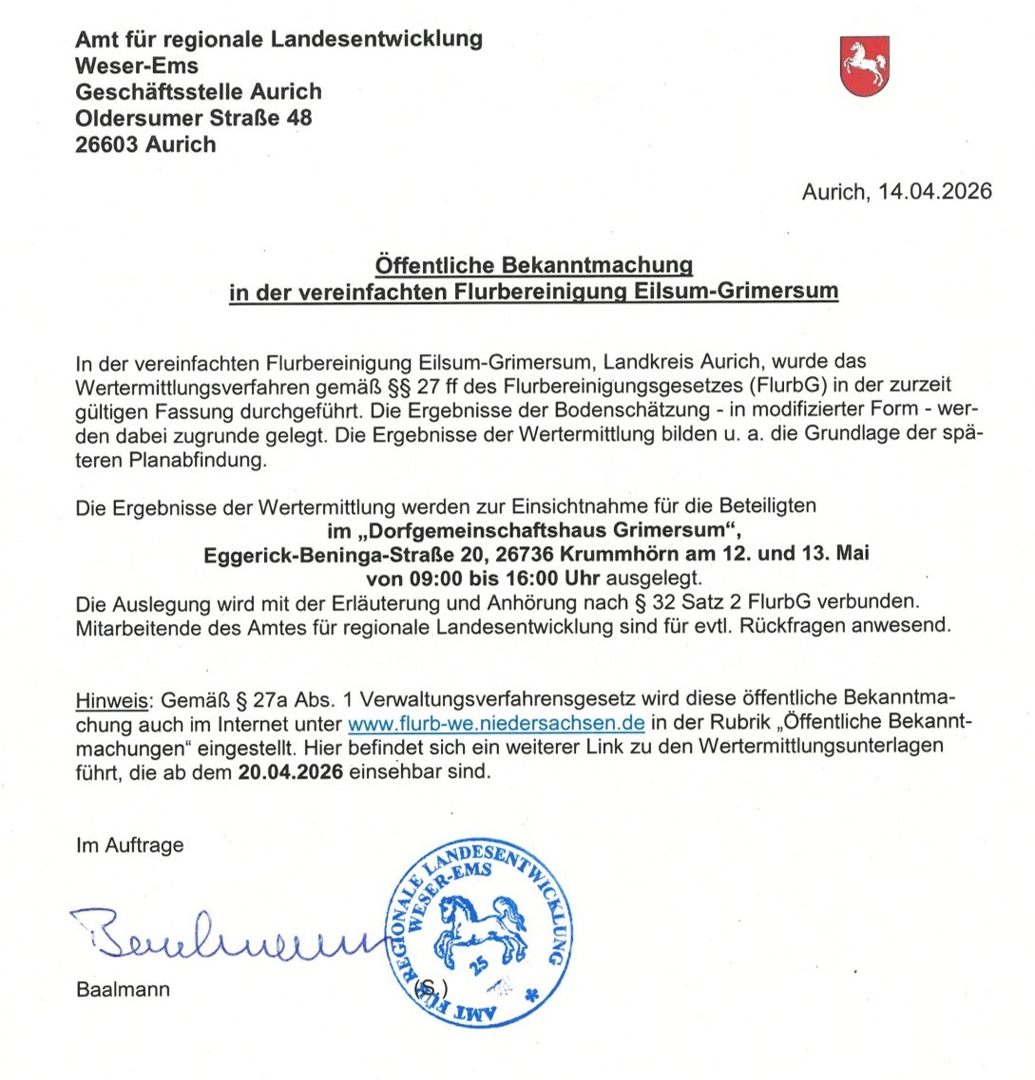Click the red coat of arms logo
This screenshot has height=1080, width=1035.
(x=865, y=66)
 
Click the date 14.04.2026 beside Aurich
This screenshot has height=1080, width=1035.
(x=935, y=192)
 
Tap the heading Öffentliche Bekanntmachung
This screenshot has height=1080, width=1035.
(x=533, y=264)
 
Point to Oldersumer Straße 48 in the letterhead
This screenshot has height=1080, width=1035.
(x=194, y=119)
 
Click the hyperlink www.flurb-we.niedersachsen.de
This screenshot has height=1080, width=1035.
(x=497, y=723)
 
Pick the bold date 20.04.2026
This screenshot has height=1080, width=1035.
(x=291, y=771)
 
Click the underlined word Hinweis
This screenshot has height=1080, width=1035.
(x=111, y=701)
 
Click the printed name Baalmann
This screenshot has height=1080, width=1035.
(x=124, y=989)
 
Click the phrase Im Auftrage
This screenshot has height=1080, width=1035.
(x=130, y=844)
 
